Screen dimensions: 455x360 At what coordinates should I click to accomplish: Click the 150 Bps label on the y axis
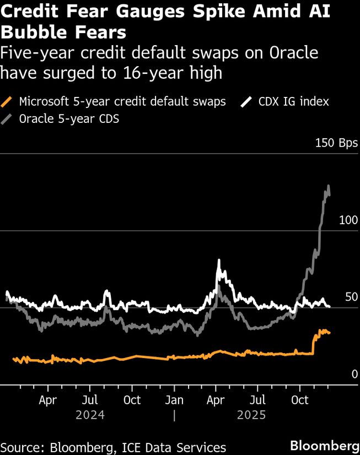coord(336,143)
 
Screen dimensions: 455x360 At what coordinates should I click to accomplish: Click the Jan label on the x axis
coord(174,399)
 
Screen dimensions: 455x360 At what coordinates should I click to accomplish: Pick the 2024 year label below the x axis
coord(90,414)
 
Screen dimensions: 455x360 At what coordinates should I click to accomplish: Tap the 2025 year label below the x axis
coord(251,414)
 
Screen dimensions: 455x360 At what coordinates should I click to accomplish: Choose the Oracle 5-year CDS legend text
coord(69,118)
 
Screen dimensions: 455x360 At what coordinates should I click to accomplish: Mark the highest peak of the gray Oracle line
coord(329,186)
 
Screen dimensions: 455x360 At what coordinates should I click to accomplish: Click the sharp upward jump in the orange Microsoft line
coord(313,343)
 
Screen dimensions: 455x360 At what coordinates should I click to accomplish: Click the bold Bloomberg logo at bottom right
coord(325,445)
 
